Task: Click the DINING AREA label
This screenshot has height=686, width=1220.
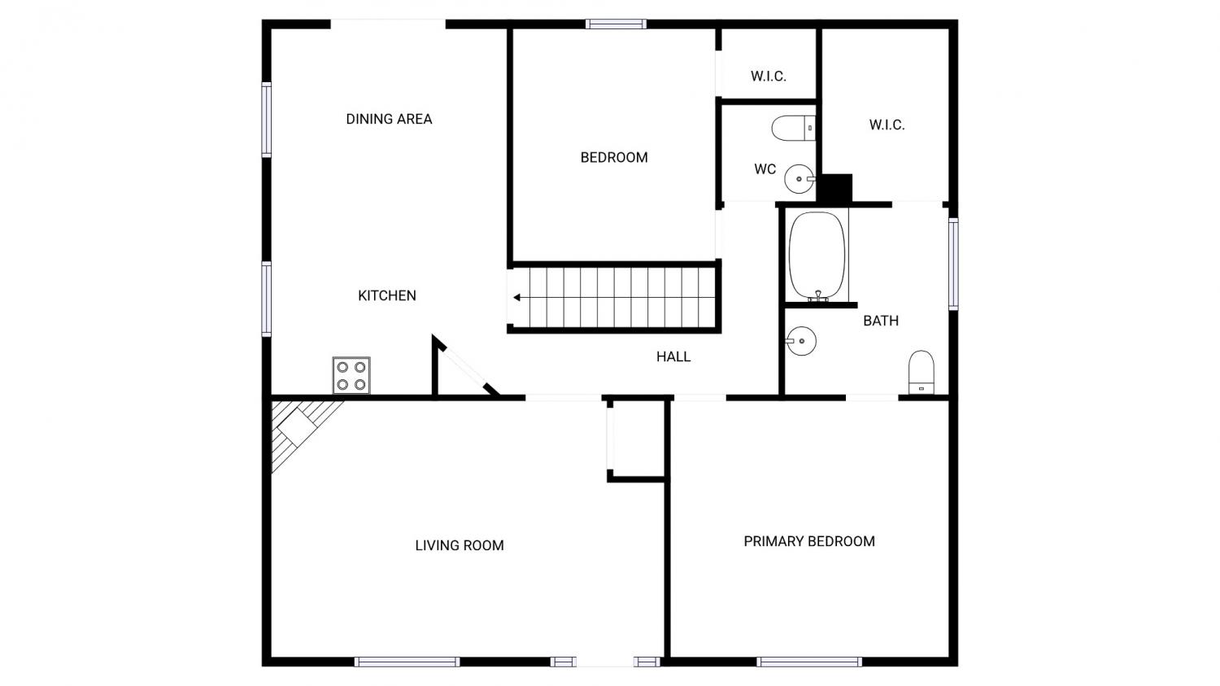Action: click(x=389, y=119)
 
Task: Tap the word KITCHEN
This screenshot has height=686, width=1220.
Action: click(x=386, y=295)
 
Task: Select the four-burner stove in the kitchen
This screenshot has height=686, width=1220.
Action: click(x=351, y=375)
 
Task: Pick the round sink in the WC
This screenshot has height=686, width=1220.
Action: click(x=800, y=179)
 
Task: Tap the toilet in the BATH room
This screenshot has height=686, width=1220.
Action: click(x=921, y=372)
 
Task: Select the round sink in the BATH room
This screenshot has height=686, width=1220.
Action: click(x=800, y=341)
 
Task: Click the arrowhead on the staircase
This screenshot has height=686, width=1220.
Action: click(x=516, y=298)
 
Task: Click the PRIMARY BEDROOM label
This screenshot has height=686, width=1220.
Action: click(x=809, y=541)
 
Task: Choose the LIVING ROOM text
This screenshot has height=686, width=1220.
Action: click(x=460, y=545)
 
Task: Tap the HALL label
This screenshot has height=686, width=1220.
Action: click(x=673, y=357)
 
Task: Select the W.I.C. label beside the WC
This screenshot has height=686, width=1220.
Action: click(x=769, y=76)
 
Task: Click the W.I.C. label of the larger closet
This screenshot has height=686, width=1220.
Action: click(x=887, y=125)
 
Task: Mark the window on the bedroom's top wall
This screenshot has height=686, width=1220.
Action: click(x=616, y=24)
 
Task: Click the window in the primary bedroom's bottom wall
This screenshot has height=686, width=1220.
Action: click(x=809, y=662)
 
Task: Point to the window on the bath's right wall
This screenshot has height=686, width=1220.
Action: click(x=953, y=264)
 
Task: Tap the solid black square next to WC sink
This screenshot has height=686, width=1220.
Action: click(x=834, y=189)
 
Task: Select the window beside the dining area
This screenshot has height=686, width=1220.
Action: click(x=266, y=120)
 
